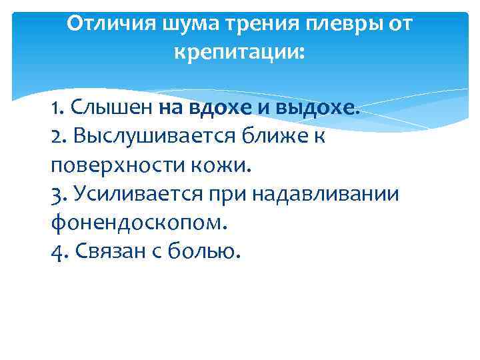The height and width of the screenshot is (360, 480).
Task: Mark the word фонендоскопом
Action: [139, 222]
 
